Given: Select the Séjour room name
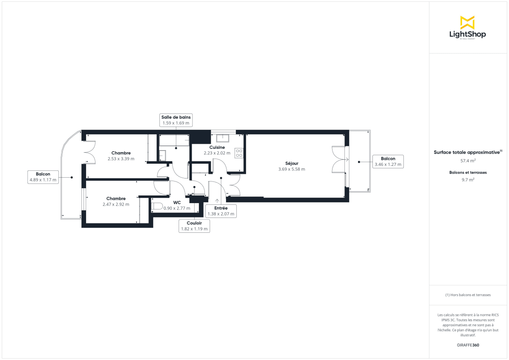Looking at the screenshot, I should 292,163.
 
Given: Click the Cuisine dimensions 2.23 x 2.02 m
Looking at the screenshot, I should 217,153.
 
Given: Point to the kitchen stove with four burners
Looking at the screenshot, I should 239,153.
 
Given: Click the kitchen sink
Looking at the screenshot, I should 222,138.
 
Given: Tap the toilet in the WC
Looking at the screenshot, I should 157,207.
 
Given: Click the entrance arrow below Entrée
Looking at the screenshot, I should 217,201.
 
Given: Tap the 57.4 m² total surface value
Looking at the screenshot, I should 468,161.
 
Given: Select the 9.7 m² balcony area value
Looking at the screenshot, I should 468,180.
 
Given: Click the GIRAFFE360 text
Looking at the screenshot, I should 468,345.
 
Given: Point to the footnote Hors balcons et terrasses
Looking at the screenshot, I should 468,295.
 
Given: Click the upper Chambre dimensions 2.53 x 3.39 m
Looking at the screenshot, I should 121,159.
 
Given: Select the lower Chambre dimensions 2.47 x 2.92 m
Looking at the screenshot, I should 116,204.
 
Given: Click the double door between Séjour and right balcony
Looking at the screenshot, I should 339,159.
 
